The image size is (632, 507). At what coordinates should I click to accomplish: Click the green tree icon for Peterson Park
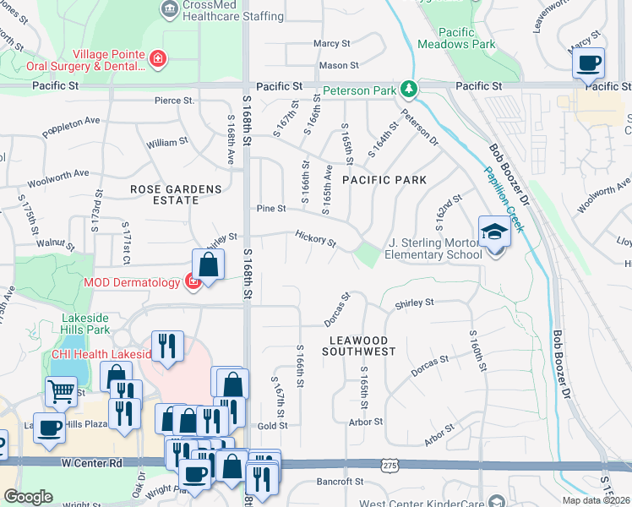(x=409, y=89)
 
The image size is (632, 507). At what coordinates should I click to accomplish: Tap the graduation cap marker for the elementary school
(x=493, y=232)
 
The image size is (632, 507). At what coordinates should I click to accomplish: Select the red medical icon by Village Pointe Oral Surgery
(x=157, y=58)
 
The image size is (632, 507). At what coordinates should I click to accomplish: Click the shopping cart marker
(x=61, y=392)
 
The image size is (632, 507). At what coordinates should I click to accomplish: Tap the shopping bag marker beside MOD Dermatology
(x=208, y=264)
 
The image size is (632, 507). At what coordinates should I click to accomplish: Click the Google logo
(x=28, y=497)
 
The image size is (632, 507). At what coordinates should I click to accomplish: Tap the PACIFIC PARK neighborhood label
(x=384, y=180)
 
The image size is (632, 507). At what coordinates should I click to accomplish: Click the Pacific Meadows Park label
(x=456, y=39)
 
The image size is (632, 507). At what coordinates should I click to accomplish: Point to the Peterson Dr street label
(x=419, y=128)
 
